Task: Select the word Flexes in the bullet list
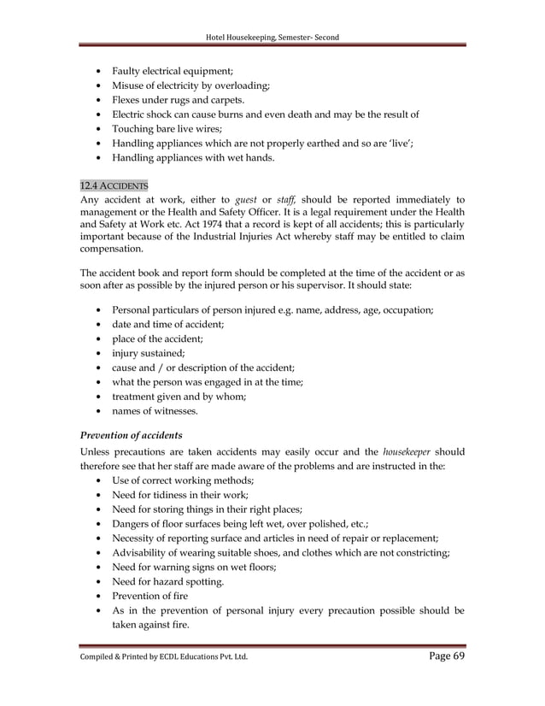131,100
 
